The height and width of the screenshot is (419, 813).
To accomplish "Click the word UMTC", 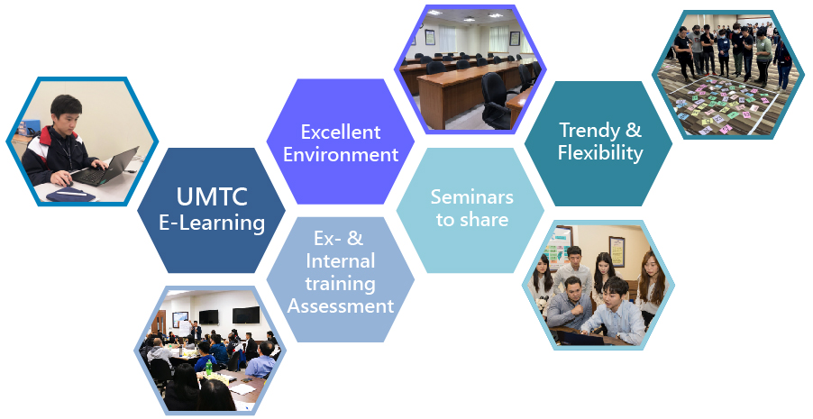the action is click(212, 197).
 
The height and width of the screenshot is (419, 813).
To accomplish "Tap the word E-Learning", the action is click(212, 223).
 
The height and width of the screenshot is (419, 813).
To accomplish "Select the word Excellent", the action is click(341, 132).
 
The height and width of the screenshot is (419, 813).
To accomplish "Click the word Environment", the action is click(341, 154).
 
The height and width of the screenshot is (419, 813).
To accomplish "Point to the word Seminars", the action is click(471, 197).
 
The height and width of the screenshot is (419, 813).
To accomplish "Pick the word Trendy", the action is click(589, 130).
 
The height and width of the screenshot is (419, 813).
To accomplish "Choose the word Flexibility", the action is click(600, 153).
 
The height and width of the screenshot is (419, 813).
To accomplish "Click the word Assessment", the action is click(341, 306).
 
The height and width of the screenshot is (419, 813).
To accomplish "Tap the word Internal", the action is click(340, 260).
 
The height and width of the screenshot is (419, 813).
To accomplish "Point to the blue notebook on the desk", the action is click(70, 195).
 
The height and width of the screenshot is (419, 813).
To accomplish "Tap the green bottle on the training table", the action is click(209, 366).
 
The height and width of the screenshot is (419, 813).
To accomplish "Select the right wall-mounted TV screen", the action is click(246, 314).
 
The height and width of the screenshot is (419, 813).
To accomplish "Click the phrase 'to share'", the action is click(471, 220).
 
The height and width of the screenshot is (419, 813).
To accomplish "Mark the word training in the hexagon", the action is click(340, 284).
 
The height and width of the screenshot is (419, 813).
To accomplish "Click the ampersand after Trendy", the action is click(633, 130).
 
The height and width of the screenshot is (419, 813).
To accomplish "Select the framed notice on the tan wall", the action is click(617, 251).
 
